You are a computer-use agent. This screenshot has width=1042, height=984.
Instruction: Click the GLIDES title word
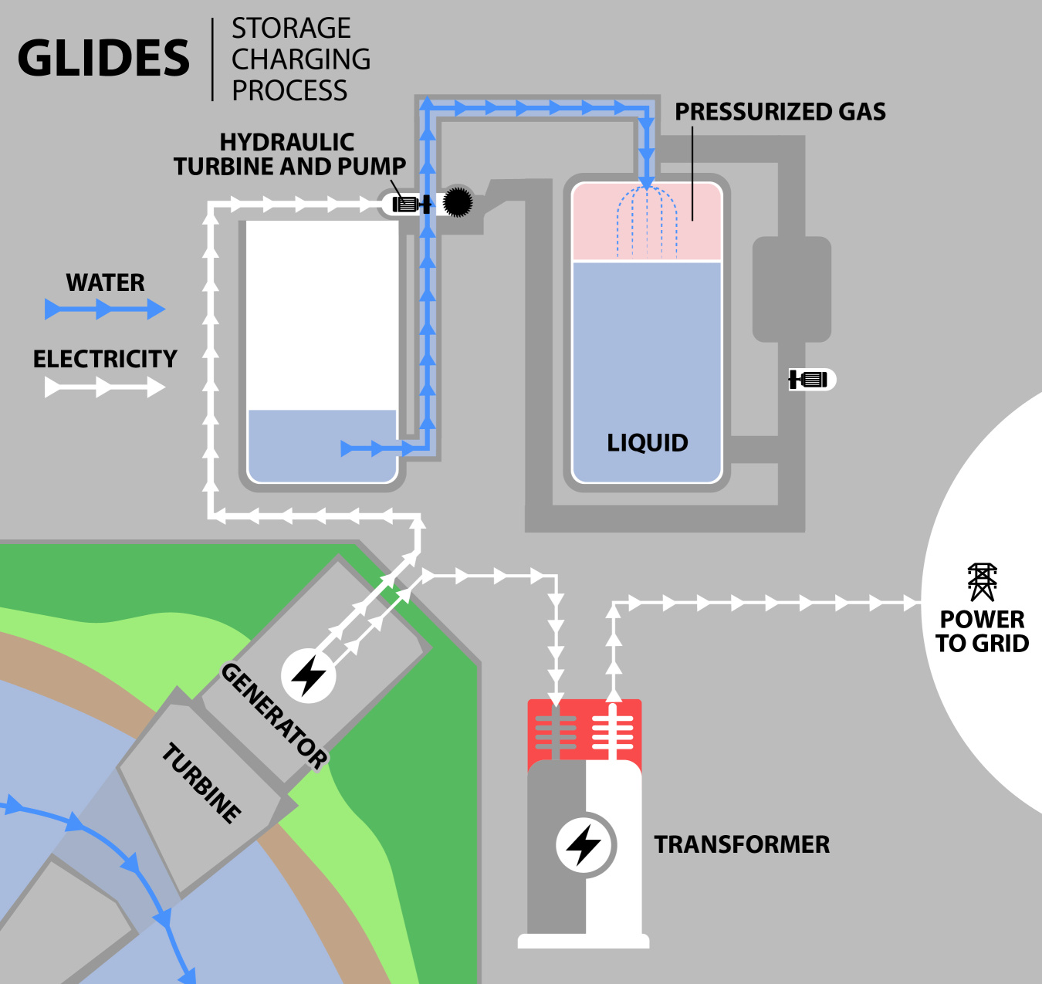[103, 59]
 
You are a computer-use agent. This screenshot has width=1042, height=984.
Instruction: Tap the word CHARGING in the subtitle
[301, 59]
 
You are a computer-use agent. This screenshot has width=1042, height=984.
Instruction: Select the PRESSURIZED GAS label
[780, 112]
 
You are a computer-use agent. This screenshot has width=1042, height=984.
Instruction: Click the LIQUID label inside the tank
[647, 443]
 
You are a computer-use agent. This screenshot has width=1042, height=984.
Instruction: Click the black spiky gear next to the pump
[457, 202]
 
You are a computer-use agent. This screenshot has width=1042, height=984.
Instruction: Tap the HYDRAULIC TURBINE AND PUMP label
[289, 154]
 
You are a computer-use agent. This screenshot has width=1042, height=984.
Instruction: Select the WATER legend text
[105, 282]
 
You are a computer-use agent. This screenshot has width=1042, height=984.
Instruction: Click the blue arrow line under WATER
[105, 310]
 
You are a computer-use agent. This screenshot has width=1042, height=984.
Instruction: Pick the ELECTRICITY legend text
[105, 359]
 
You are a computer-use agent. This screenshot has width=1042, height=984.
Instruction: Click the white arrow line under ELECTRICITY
[105, 387]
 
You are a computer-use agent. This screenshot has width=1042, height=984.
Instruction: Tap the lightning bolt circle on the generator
[309, 676]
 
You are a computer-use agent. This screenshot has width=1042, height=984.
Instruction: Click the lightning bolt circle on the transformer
[585, 845]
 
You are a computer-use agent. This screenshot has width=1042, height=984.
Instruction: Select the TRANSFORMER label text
[742, 844]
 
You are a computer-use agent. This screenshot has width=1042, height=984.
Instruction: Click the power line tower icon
[982, 582]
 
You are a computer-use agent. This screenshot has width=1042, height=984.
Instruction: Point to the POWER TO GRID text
[982, 631]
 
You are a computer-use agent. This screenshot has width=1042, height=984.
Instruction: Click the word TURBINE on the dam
[201, 783]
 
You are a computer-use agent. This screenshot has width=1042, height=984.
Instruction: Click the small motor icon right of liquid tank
[810, 380]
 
